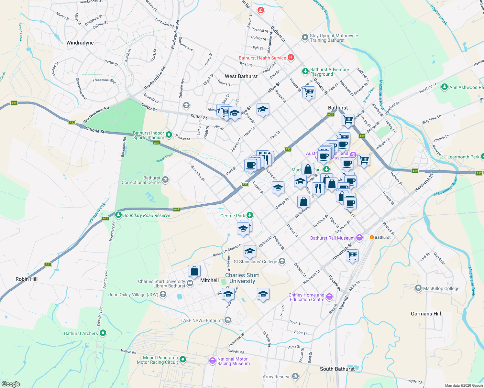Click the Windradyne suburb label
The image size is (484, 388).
[x=80, y=43]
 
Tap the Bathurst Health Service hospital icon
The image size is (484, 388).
[x=291, y=58]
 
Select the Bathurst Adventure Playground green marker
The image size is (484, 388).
[x=305, y=71]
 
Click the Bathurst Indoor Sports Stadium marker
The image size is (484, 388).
[x=169, y=135]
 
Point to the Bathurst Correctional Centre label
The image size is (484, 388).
[x=141, y=180]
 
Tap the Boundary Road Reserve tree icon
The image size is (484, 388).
[x=118, y=215]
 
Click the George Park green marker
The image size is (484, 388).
[x=249, y=215]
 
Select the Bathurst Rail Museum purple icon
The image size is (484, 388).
[x=359, y=238]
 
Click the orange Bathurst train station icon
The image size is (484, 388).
[x=372, y=237]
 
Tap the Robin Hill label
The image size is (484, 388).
[x=27, y=279]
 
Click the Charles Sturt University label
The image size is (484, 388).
[x=242, y=278]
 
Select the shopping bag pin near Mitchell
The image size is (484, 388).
[x=194, y=271]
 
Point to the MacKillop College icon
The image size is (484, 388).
[x=418, y=288]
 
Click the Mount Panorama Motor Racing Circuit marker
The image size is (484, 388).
[x=183, y=359]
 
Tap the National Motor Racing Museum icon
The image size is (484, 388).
[x=213, y=361]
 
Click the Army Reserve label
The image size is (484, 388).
[x=277, y=377]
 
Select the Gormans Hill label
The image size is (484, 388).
[x=426, y=314]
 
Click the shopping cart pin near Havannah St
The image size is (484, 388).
[x=352, y=255]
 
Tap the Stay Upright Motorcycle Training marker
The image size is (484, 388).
[x=305, y=38]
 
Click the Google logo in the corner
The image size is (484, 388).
[x=11, y=384]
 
